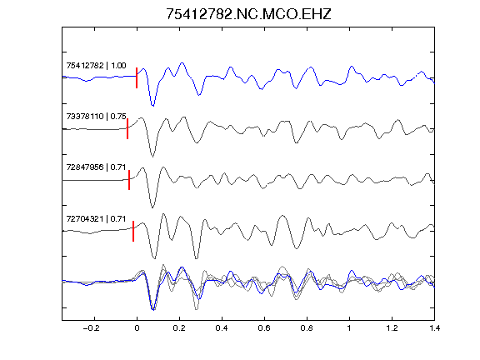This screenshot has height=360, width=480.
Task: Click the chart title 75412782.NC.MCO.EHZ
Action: click(x=248, y=14)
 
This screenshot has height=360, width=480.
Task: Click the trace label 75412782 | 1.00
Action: click(x=96, y=66)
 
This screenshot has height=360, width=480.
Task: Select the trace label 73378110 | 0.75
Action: click(x=96, y=117)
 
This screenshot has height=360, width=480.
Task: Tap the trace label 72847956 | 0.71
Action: click(x=96, y=167)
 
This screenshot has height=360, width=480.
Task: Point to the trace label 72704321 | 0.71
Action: click(x=96, y=219)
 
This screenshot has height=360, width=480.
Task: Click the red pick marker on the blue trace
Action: click(x=137, y=77)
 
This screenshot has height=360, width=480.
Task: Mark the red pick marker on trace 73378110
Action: click(x=127, y=128)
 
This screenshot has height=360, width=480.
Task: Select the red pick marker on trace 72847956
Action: click(x=129, y=180)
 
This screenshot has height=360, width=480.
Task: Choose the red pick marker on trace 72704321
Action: click(x=133, y=231)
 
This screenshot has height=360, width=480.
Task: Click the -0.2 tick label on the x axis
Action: click(x=91, y=328)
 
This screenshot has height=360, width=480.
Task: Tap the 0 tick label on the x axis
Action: click(x=137, y=328)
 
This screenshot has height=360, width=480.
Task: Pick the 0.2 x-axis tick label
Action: click(x=179, y=328)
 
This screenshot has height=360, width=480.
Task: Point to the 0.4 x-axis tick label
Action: click(x=222, y=328)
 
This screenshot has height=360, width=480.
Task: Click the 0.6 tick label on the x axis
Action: click(x=264, y=328)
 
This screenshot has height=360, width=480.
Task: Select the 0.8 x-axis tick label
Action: click(x=307, y=328)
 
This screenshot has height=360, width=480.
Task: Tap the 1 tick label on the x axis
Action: click(x=349, y=328)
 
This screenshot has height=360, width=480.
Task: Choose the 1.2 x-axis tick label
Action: click(x=392, y=328)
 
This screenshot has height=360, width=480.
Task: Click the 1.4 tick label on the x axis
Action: click(x=434, y=328)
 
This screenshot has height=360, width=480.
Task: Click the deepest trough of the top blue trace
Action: click(x=152, y=106)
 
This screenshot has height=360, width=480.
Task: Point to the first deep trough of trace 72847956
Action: click(x=152, y=207)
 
